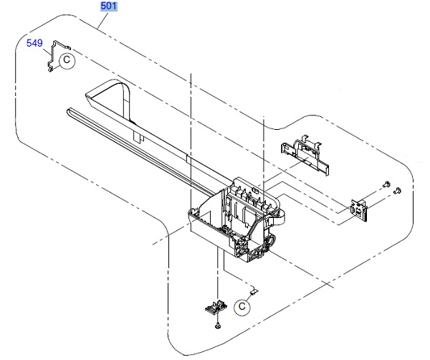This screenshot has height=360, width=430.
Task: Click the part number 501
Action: [x=109, y=6]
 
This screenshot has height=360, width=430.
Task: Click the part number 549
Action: [x=34, y=43]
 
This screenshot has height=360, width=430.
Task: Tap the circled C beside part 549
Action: [x=65, y=60]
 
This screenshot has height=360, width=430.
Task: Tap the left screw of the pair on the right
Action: [x=386, y=185]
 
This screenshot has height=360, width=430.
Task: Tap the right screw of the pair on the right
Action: [x=398, y=190]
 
